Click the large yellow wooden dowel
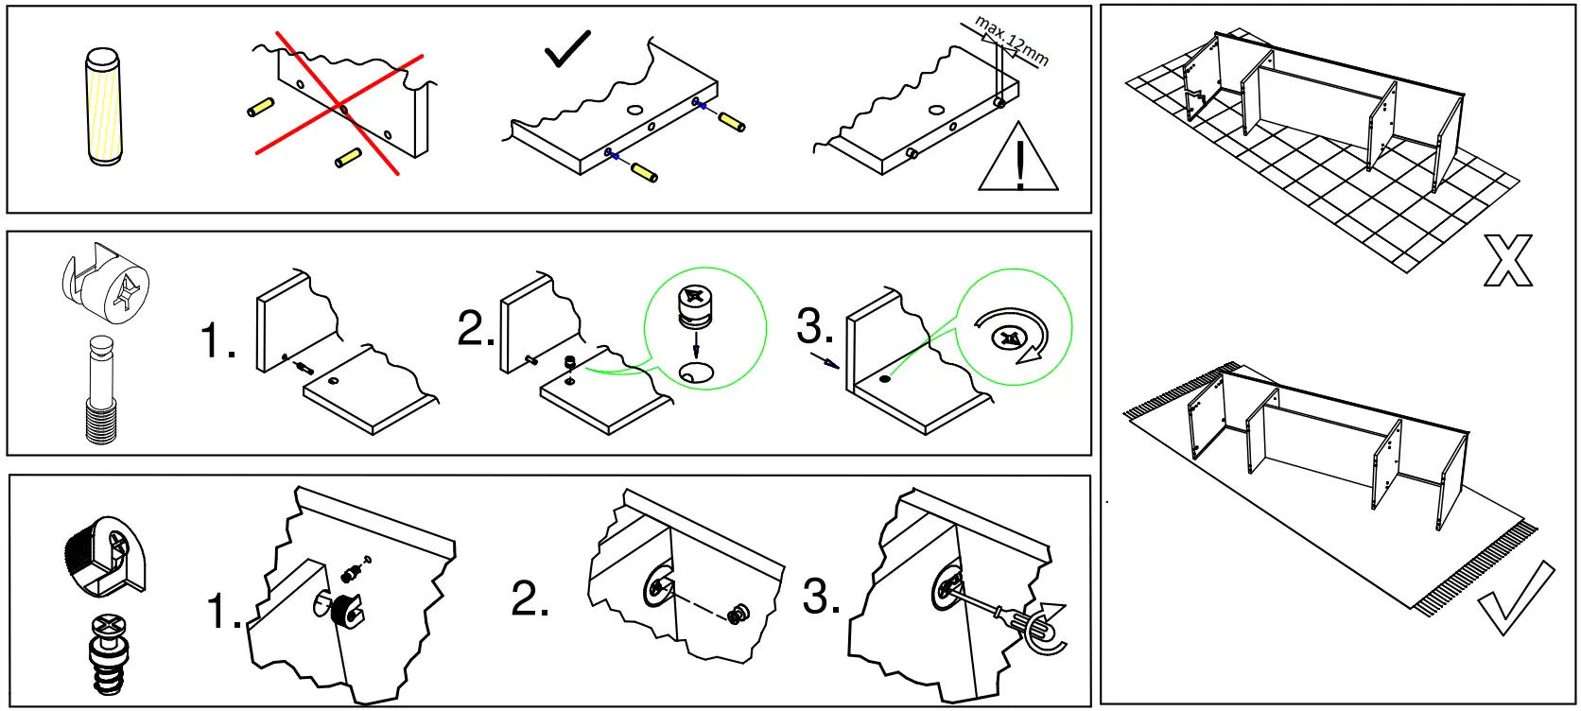coord(104,107)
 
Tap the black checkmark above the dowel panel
coord(567,49)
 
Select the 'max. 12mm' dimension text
coord(1012,40)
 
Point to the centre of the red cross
coord(339,105)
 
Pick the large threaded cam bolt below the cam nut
coord(100,390)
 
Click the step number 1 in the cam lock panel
coord(218,340)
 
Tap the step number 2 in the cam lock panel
coord(476,328)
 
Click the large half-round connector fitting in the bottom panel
coord(106,557)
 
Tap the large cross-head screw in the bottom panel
coord(109,652)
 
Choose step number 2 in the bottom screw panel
coord(530,598)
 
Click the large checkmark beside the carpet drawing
coord(1516,598)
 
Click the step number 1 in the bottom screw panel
coord(224,612)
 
